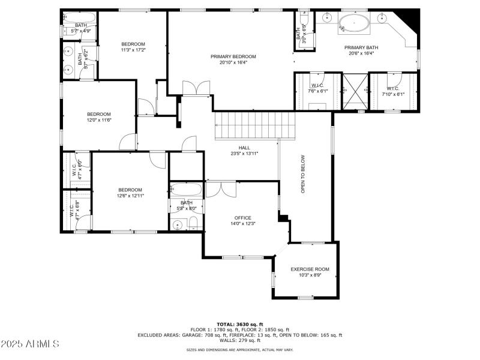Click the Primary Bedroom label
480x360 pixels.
point(233,56)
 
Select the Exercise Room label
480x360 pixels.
point(310,269)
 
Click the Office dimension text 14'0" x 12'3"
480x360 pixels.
point(243,224)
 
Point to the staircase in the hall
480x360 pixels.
point(256,124)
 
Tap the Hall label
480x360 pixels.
point(244,147)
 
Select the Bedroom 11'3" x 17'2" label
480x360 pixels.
point(133,44)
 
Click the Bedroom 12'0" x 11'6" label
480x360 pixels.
point(99,114)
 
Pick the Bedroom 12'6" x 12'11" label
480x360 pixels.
point(130,190)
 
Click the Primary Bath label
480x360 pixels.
point(361,47)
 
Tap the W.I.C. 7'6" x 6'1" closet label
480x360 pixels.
point(317,88)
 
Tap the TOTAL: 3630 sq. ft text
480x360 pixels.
point(240,324)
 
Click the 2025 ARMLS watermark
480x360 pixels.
point(30,344)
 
